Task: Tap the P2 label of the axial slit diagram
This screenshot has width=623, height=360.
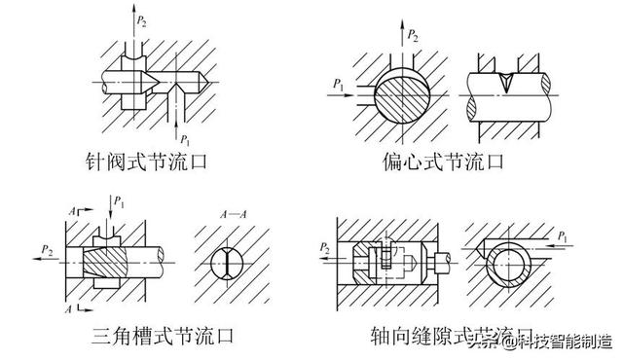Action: click(324, 250)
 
